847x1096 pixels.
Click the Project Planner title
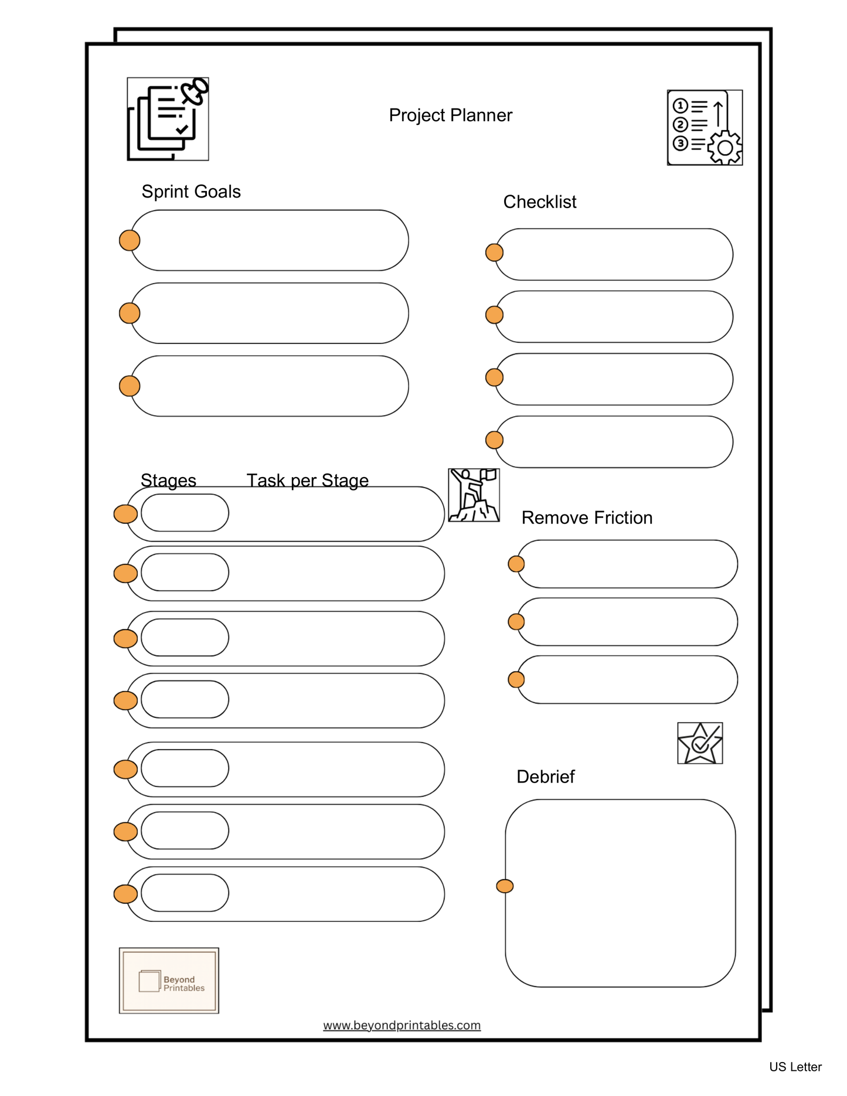tap(450, 115)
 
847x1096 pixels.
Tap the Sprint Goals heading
tap(191, 192)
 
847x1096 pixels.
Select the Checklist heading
tap(539, 202)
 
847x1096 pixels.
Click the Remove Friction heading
tap(587, 518)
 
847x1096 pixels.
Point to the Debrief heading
tap(545, 777)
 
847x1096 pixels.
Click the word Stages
tap(168, 481)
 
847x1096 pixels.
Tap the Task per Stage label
tap(307, 481)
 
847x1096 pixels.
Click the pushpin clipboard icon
tap(168, 119)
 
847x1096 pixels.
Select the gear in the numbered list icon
tap(725, 148)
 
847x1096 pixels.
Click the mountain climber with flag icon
tap(474, 495)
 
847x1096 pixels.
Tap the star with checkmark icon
tap(700, 743)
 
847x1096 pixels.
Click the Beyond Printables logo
tap(169, 980)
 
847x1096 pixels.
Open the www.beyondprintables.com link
tap(402, 1025)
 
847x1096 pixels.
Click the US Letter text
tap(795, 1067)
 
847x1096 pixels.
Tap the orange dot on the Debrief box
tap(505, 886)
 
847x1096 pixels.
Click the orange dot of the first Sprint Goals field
tap(130, 240)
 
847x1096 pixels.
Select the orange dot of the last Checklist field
tap(494, 440)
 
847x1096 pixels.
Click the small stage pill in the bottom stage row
tap(185, 893)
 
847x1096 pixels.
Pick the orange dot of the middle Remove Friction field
tap(516, 622)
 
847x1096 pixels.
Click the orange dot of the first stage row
tap(125, 514)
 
